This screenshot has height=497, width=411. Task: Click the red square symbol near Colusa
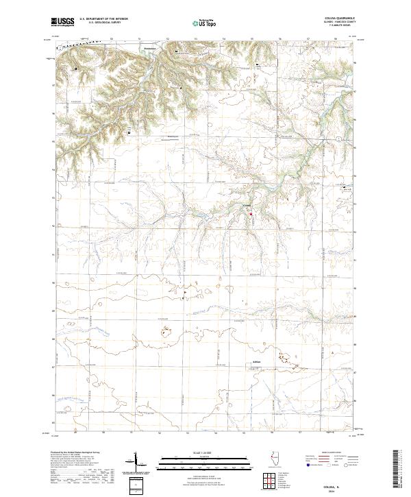(251, 213)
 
